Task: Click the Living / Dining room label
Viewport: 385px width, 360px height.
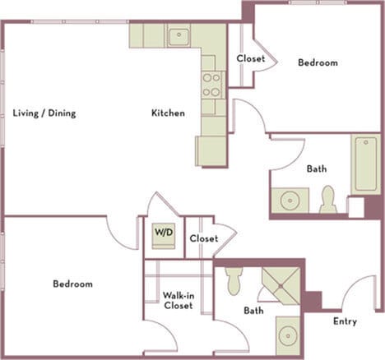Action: tap(44, 113)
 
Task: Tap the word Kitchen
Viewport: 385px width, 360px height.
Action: tap(167, 113)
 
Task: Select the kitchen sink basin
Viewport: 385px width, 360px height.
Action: tap(179, 36)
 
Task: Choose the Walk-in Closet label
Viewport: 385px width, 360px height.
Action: tap(178, 300)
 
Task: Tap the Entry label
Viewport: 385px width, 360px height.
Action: tap(345, 321)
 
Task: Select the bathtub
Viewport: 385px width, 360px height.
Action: tap(366, 164)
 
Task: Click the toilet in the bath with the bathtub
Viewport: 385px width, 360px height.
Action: tap(328, 200)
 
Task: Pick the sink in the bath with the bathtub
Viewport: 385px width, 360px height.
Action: tap(289, 201)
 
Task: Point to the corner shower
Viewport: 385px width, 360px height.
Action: tap(281, 284)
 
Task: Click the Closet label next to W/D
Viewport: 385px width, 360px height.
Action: tap(203, 238)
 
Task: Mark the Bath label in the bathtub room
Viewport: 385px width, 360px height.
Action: tap(317, 168)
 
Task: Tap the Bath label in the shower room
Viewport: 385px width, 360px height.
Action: tap(253, 312)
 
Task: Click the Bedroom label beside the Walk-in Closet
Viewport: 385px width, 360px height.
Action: tap(72, 284)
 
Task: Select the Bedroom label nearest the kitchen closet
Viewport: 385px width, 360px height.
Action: tap(318, 62)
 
